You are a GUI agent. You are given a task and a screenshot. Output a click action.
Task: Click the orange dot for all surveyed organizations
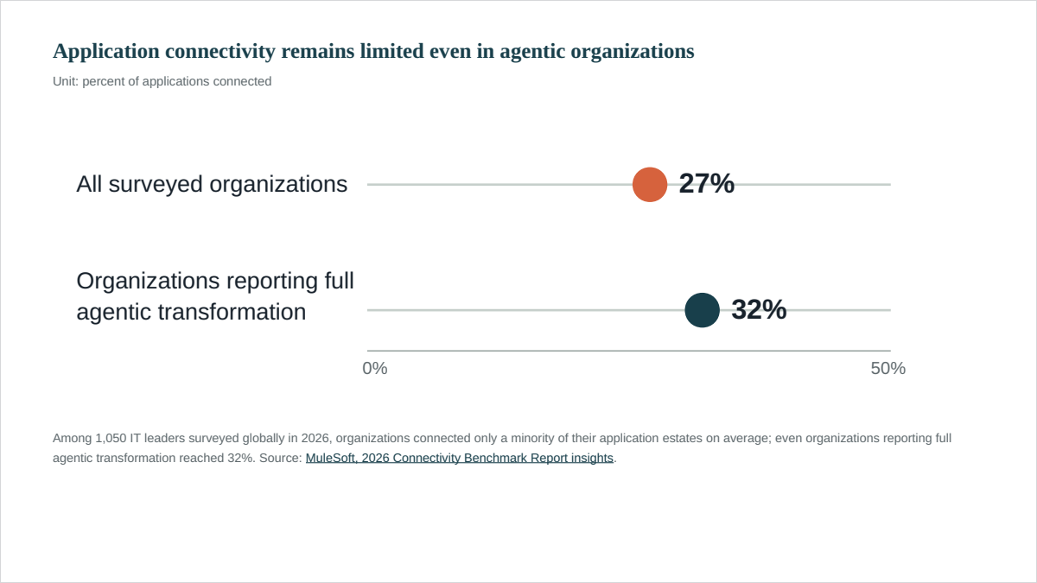point(650,185)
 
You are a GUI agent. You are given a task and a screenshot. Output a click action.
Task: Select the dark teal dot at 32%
point(702,310)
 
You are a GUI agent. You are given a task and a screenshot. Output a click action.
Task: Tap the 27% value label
point(707,183)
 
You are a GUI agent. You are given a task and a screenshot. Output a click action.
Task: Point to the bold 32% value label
point(759,309)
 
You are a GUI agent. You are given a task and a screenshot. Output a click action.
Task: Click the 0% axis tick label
point(375,368)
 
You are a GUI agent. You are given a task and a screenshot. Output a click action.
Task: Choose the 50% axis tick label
point(888,368)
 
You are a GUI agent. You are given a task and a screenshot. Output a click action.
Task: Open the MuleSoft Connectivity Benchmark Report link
point(459,458)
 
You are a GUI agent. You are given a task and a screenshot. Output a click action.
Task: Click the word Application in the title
point(106,51)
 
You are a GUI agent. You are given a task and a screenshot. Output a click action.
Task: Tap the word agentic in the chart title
point(532,52)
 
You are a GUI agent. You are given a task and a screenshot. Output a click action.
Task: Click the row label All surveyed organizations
point(212,184)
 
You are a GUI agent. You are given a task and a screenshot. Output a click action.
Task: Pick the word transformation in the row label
point(232,312)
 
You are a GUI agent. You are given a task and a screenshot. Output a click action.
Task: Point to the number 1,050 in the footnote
point(111,438)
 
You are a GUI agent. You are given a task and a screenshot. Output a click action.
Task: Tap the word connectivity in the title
point(220,51)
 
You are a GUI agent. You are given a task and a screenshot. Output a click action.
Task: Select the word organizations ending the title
point(633,52)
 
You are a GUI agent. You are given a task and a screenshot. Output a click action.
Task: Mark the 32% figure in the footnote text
point(239,458)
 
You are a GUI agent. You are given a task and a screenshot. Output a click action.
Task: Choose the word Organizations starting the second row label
point(148,282)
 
